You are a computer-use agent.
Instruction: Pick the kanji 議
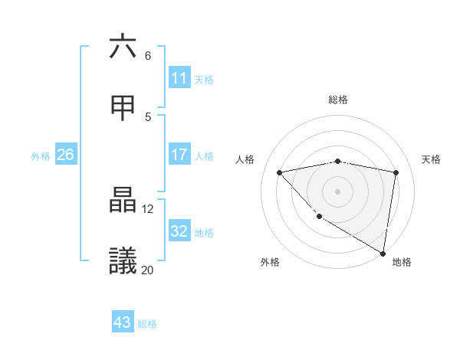(123, 261)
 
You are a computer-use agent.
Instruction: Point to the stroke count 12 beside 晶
(148, 208)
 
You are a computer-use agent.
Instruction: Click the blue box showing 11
(179, 78)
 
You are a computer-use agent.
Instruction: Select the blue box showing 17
(179, 155)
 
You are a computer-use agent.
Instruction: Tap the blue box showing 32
(179, 231)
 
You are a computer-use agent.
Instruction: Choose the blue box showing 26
(66, 155)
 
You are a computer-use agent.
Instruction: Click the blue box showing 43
(123, 322)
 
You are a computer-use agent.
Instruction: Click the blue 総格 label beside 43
(147, 324)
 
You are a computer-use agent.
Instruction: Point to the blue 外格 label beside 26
(41, 156)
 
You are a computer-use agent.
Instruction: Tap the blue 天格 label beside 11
(204, 79)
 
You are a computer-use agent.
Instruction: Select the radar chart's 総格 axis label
(337, 100)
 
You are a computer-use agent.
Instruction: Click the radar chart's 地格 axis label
(402, 262)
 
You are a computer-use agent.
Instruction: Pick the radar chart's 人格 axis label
(245, 159)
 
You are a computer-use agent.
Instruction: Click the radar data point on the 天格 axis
(396, 172)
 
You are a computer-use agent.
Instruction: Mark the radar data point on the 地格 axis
(383, 253)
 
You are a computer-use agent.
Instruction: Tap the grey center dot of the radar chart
(337, 191)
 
